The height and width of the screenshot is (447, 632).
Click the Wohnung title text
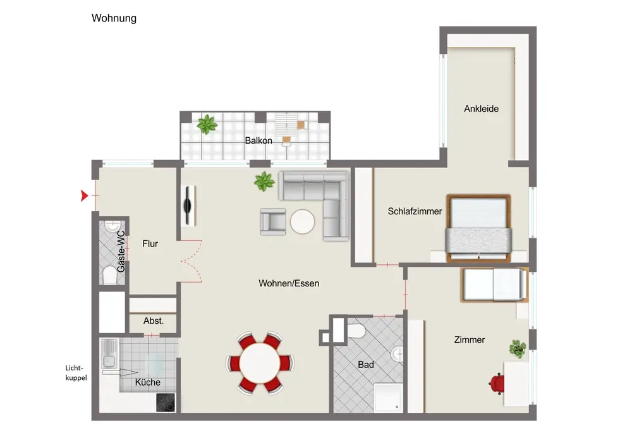(114, 18)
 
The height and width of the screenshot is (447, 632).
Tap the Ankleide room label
(481, 109)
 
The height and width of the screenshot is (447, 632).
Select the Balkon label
(258, 140)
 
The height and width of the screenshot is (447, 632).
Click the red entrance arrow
(84, 195)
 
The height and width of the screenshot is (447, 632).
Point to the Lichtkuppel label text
(76, 373)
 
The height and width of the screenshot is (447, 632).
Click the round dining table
(260, 363)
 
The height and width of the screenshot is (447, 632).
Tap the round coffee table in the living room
(303, 222)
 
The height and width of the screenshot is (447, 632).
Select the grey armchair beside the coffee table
(273, 221)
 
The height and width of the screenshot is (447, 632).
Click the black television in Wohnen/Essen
(188, 205)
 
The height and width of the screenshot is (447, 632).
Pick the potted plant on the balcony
(207, 124)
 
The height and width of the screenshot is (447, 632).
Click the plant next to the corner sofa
(264, 181)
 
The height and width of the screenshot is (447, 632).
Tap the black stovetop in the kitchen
(166, 402)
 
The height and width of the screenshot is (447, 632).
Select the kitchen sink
(109, 353)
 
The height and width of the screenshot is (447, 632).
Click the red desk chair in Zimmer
(497, 384)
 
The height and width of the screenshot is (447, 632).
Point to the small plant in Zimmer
(518, 348)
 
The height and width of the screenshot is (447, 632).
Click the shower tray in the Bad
(388, 398)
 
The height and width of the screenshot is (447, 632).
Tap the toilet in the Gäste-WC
(109, 276)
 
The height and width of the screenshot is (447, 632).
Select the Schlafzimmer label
(415, 211)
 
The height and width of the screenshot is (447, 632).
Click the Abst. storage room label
(154, 321)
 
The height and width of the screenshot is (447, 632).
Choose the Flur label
(150, 244)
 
